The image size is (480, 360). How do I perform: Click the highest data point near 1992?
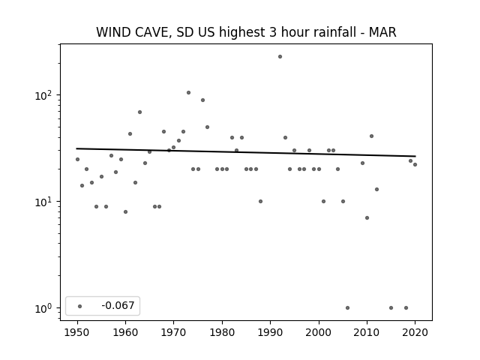click(x=280, y=57)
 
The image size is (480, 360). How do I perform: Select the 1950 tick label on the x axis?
click(x=77, y=332)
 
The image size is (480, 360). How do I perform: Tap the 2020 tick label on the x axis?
click(x=415, y=332)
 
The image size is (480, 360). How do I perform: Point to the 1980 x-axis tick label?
click(x=222, y=332)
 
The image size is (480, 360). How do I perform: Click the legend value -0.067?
click(x=118, y=305)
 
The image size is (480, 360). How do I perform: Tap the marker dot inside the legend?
click(x=80, y=306)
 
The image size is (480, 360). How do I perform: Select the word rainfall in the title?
click(x=335, y=32)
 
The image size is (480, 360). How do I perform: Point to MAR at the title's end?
click(x=382, y=32)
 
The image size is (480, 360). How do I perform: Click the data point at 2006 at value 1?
click(x=347, y=308)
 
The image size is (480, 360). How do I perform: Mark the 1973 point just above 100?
click(x=188, y=93)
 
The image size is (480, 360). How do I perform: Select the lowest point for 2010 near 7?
click(x=367, y=218)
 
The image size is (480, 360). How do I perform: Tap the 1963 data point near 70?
click(x=140, y=112)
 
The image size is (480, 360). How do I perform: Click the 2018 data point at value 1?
click(x=406, y=308)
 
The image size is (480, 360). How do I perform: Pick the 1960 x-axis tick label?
click(x=125, y=332)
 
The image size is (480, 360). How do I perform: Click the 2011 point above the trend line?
click(x=372, y=136)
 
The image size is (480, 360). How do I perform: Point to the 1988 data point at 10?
click(x=260, y=202)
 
